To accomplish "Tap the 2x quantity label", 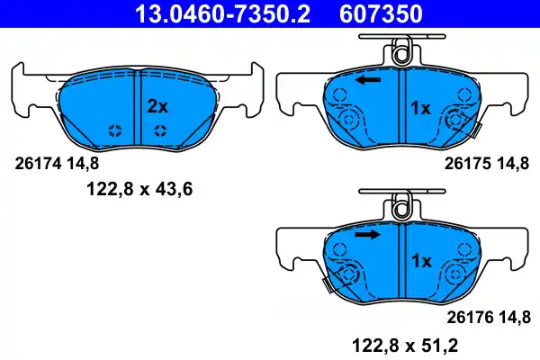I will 157,106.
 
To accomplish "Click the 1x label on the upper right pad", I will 421,109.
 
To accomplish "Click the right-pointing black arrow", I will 367,235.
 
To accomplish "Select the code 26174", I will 36,163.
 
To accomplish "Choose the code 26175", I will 466,163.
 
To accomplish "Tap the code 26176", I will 466,316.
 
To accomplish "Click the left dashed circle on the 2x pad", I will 114,130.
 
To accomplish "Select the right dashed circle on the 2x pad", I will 159,130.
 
